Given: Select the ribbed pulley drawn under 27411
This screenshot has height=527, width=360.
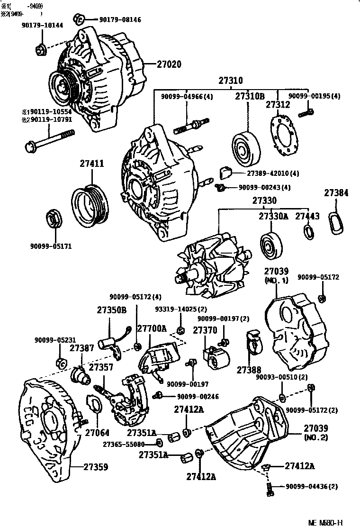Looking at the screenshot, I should click(90, 202).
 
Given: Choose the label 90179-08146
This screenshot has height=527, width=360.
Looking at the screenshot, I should click(120, 20).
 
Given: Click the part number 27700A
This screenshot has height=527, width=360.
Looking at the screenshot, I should click(152, 328).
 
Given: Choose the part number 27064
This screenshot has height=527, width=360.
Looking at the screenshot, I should click(97, 432).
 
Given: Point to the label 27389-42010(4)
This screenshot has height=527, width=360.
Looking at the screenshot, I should click(268, 173).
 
